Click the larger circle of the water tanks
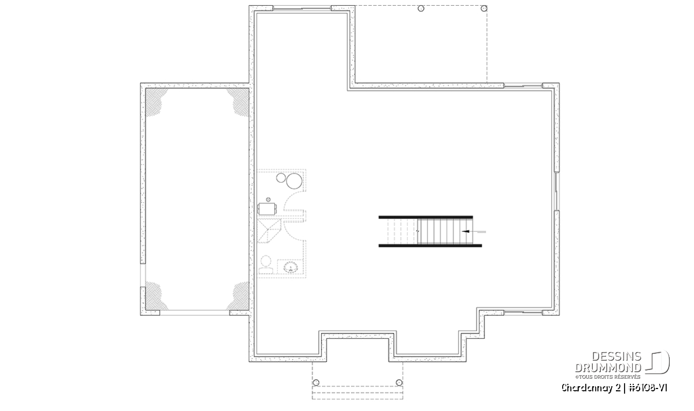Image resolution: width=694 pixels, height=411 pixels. tap(294, 181)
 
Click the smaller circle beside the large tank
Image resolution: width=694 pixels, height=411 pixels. tap(281, 178)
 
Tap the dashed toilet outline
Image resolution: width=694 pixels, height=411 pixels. tap(265, 265)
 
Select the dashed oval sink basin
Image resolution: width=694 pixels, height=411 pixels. tap(291, 267)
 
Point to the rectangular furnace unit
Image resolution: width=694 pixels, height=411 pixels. tap(267, 209)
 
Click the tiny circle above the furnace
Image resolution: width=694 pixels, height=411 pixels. tap(268, 200)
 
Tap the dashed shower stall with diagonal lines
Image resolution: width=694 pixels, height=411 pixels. tap(269, 231)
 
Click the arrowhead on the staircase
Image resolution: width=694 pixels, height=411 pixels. tap(465, 231)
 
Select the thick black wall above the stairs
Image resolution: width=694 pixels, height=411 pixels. tap(426, 217)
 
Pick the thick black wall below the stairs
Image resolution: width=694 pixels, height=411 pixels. tap(430, 246)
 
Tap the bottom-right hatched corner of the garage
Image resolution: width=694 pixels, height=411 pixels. tap(239, 296)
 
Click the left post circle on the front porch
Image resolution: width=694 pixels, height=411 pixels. tap(316, 383)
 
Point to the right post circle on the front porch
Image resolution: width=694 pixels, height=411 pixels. tap(400, 383)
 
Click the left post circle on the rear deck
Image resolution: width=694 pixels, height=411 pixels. tap(421, 8)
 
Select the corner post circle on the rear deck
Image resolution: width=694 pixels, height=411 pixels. tap(484, 8)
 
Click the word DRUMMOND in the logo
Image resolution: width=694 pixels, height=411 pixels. tap(608, 368)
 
